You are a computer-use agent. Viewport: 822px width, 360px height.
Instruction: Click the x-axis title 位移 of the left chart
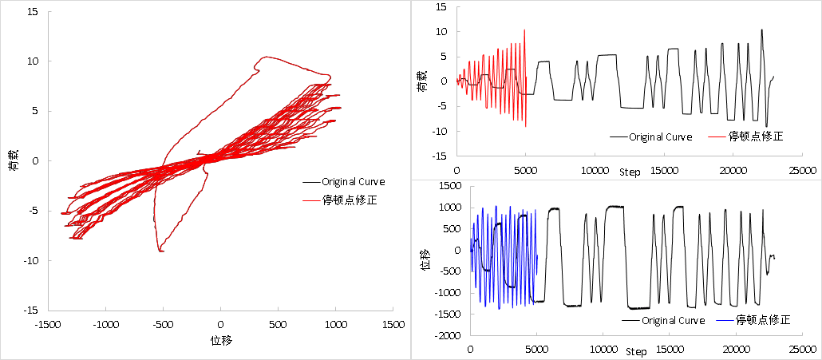point(220,340)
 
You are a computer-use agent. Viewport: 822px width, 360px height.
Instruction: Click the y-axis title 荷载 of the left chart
point(13,161)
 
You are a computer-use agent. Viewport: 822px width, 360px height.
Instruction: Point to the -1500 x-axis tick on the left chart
point(48,325)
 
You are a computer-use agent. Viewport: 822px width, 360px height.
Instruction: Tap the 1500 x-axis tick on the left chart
point(393,325)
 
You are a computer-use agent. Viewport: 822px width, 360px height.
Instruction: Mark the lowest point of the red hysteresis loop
point(161,251)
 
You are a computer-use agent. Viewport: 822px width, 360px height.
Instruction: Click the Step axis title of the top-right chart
point(630,172)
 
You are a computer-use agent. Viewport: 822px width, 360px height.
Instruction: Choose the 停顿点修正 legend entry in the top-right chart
point(756,136)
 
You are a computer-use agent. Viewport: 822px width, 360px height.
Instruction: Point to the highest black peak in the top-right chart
point(761,30)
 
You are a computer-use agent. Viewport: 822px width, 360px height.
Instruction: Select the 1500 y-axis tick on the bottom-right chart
point(451,186)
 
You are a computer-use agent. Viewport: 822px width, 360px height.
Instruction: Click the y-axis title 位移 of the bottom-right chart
point(425,261)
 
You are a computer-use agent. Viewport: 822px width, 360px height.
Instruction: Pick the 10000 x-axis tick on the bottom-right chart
point(603,348)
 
